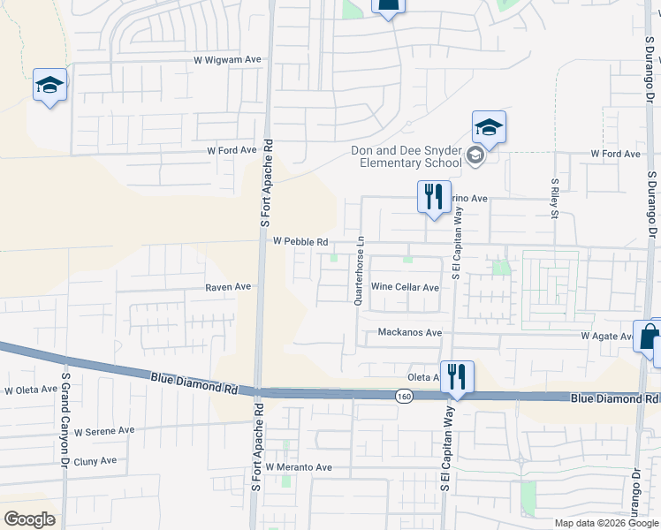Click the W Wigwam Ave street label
[228, 60]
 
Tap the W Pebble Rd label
[300, 241]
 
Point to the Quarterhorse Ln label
[359, 270]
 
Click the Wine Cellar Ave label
[405, 287]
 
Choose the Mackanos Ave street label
[409, 333]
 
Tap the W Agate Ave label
[607, 337]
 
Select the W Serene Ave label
[104, 431]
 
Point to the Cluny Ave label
[95, 461]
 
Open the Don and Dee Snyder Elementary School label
[406, 156]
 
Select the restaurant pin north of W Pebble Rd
[434, 196]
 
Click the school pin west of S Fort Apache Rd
[50, 86]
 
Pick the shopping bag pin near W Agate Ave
[650, 337]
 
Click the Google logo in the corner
[29, 519]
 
